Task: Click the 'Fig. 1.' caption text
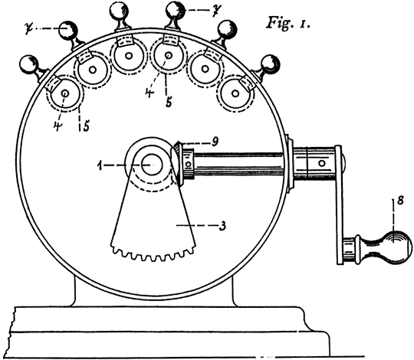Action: pos(288,23)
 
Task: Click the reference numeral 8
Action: pos(400,200)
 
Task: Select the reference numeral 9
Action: pos(215,142)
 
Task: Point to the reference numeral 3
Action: pos(222,225)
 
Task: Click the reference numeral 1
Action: pos(100,165)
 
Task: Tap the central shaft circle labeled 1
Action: pos(151,165)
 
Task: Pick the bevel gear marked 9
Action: pos(176,163)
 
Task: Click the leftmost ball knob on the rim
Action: pos(30,64)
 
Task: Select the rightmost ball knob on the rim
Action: pos(270,64)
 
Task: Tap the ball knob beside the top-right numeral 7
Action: pos(175,11)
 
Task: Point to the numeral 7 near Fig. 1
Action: pos(215,11)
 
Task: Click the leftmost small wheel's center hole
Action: pos(65,93)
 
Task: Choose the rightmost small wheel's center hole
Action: pos(235,93)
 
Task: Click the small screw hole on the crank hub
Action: pos(322,163)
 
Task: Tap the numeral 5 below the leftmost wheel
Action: pos(86,126)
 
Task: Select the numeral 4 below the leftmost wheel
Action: pos(57,126)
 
